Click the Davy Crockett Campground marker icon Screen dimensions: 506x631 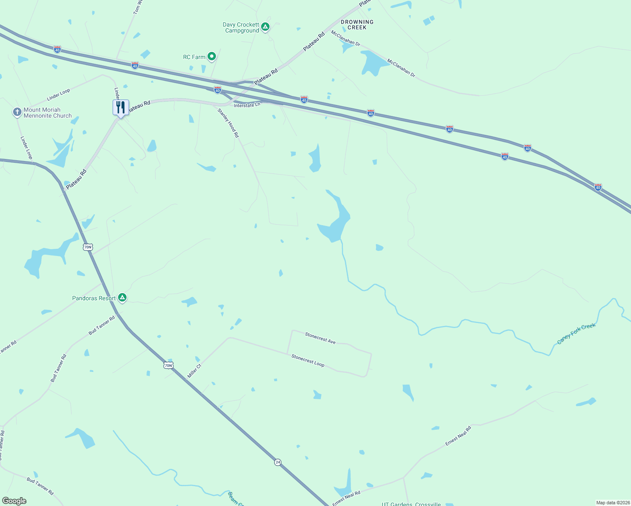point(265,27)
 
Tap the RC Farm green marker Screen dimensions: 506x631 point(212,56)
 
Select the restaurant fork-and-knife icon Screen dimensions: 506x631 point(121,108)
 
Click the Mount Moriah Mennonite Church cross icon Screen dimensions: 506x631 point(17,112)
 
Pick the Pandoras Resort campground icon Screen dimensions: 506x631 point(122,298)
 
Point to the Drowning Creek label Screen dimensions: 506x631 point(357,24)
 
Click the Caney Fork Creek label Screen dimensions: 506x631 point(576,334)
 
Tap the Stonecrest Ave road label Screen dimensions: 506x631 point(320,338)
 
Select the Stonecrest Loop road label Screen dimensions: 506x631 point(308,361)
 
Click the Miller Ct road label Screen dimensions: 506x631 point(194,371)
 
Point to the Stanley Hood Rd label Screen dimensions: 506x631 point(228,123)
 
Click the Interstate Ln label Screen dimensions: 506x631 point(247,105)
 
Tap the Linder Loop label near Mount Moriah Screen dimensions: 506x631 point(59,94)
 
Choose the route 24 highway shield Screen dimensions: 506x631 point(278,462)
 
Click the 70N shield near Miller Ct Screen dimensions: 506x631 point(168,365)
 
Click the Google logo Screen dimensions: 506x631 point(14,501)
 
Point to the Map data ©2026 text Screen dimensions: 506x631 point(612,503)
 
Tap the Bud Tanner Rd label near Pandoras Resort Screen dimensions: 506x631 point(102,326)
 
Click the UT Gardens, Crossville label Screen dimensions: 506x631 point(411,504)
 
